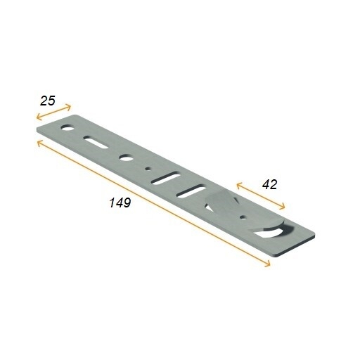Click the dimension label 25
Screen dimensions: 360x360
[x=48, y=101]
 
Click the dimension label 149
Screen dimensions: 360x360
[x=120, y=202]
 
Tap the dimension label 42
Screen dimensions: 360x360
[x=269, y=184]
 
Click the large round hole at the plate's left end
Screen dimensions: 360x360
[x=67, y=127]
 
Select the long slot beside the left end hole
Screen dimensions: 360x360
[x=96, y=142]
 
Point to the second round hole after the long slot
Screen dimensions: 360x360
[x=126, y=157]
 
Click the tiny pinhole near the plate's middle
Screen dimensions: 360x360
[x=148, y=168]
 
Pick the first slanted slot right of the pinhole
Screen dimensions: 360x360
[x=166, y=179]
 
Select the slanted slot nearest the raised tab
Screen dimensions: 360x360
[x=191, y=191]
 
